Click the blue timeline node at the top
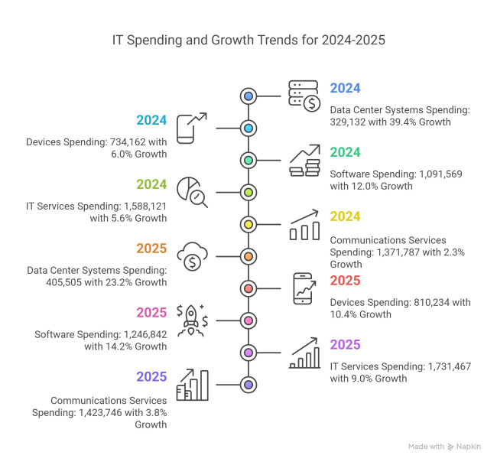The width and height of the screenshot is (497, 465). pyautogui.click(x=248, y=96)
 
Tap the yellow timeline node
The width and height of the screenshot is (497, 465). pyautogui.click(x=248, y=224)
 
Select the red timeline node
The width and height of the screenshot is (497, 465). pyautogui.click(x=248, y=288)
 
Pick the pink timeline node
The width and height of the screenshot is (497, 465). pyautogui.click(x=248, y=320)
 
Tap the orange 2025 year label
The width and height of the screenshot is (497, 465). pyautogui.click(x=153, y=249)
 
